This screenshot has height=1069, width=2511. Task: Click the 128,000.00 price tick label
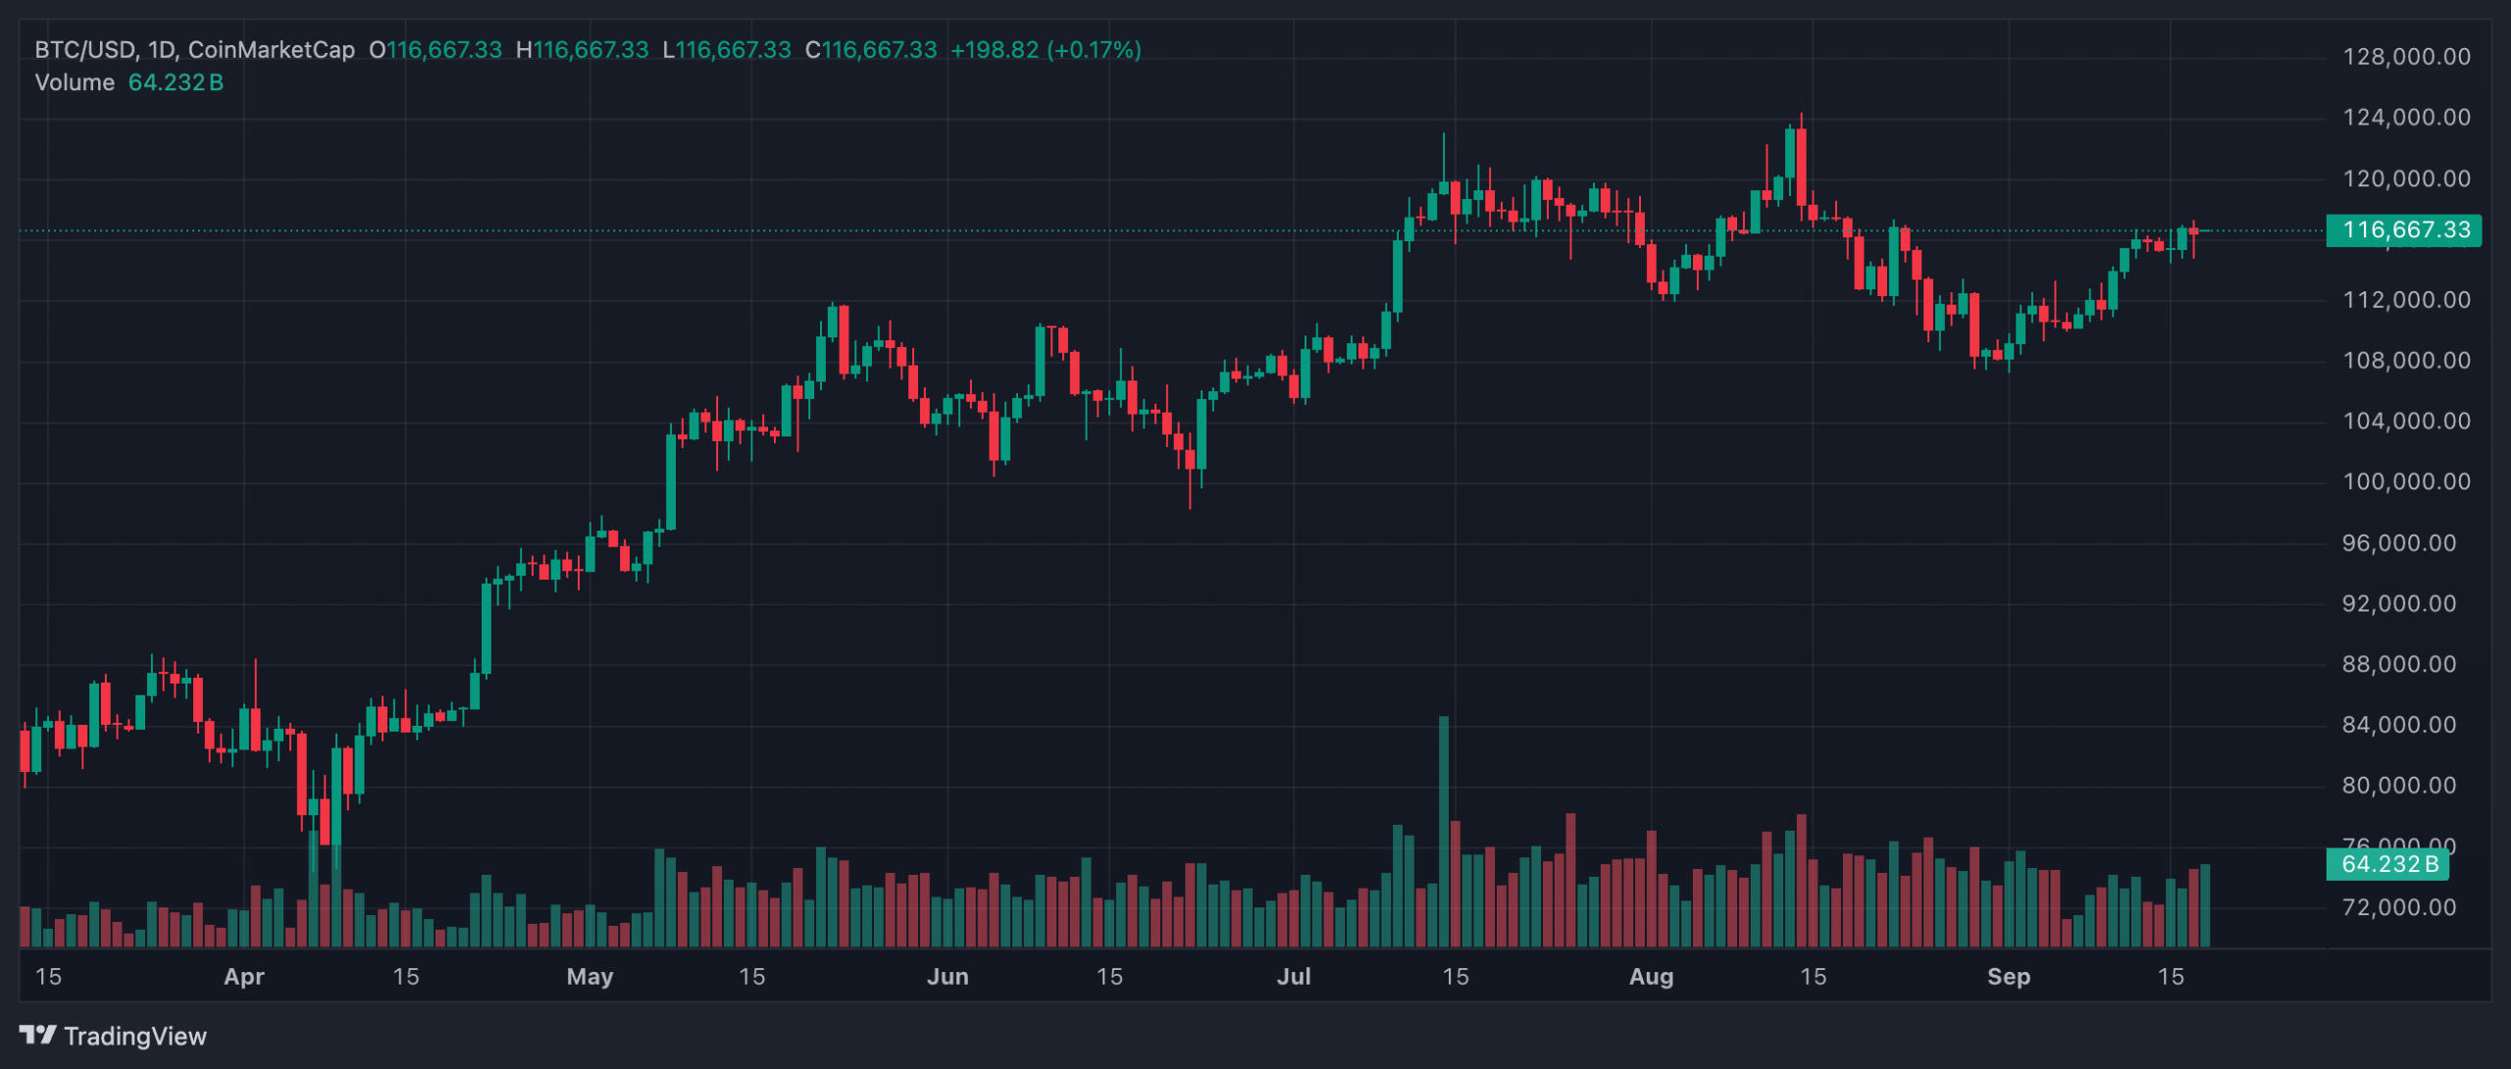[x=2405, y=57]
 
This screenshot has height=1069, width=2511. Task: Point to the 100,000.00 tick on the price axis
[x=2405, y=482]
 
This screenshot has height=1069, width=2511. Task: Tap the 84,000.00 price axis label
[x=2405, y=725]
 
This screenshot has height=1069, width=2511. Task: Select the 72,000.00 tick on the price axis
[x=2405, y=907]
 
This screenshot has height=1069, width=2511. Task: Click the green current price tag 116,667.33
[x=2404, y=230]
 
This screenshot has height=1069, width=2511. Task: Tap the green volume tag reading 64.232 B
[x=2388, y=864]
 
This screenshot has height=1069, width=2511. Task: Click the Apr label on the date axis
[x=244, y=977]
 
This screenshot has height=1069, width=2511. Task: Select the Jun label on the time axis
[x=948, y=977]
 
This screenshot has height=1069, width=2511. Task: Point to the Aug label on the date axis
[x=1651, y=977]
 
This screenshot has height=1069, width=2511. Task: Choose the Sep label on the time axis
[x=2008, y=977]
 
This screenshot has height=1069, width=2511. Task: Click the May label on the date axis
[x=589, y=977]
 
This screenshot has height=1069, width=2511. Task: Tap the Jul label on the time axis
[x=1294, y=977]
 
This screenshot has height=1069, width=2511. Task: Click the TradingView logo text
[x=134, y=1037]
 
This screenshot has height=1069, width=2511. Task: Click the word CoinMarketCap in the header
[x=271, y=50]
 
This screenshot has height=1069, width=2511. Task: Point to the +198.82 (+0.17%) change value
[x=1046, y=50]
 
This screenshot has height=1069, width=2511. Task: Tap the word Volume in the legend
[x=75, y=82]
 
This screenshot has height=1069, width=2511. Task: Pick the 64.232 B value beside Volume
[x=176, y=82]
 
